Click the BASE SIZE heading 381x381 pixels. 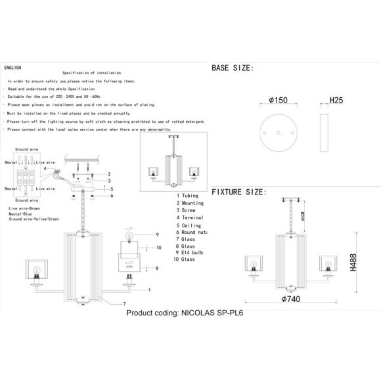232,68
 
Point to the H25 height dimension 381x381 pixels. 335,101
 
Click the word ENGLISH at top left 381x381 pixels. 12,68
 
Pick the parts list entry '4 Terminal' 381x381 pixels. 190,217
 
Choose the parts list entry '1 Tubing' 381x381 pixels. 188,196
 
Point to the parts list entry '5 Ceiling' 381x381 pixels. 189,225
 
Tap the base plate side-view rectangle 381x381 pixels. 324,133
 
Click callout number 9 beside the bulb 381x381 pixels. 158,235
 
